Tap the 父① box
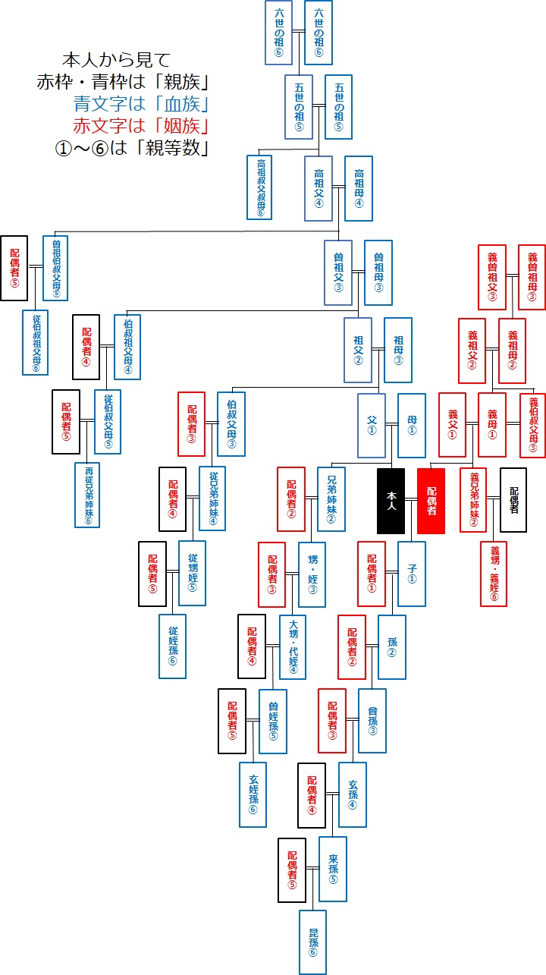[372, 425]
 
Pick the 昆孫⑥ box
[312, 942]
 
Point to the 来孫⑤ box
[333, 868]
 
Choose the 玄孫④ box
[353, 794]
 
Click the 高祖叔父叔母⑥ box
[259, 187]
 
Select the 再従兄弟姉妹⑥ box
[88, 494]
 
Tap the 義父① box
[452, 425]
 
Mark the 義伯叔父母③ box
[532, 425]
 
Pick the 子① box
[412, 573]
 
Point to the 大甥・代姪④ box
[293, 646]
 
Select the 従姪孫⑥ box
[173, 646]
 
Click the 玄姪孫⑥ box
[253, 794]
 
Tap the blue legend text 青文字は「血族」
[141, 103]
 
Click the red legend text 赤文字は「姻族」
[141, 125]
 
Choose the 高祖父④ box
[318, 187]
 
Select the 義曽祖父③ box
[491, 277]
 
